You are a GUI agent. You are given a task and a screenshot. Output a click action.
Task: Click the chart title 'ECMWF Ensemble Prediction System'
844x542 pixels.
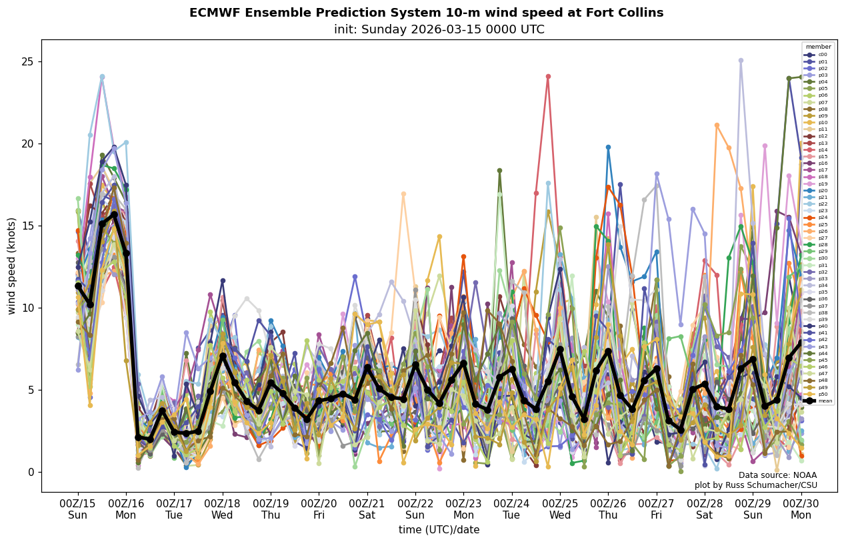coord(426,13)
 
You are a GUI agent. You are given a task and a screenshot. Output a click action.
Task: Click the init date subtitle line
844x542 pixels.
coord(439,29)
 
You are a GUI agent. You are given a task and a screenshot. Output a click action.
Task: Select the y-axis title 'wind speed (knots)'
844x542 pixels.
coord(11,266)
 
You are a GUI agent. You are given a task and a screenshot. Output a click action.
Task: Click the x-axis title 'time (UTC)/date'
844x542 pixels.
coord(439,529)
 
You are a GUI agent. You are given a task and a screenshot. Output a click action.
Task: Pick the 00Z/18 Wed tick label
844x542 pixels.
coord(223,509)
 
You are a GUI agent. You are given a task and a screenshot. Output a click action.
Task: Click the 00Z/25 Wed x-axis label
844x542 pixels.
coord(560,509)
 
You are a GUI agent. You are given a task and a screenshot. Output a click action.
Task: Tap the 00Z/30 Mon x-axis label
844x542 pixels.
coord(801,509)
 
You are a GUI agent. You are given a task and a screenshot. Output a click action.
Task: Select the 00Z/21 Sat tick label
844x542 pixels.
coord(367,509)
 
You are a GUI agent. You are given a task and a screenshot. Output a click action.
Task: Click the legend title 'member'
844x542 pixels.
coord(818,47)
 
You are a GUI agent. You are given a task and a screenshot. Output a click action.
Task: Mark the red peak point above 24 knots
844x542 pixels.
coord(548,76)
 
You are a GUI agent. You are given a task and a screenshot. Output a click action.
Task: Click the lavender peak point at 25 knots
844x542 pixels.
coord(741,61)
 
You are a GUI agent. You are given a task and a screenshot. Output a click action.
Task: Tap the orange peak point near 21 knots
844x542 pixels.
coord(717,125)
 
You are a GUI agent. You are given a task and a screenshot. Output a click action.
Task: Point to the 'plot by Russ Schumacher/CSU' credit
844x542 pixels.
coord(765,485)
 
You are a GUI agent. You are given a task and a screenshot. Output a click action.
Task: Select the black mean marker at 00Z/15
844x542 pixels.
coord(78,286)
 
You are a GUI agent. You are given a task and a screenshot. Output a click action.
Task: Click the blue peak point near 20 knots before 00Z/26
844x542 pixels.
coord(608,147)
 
